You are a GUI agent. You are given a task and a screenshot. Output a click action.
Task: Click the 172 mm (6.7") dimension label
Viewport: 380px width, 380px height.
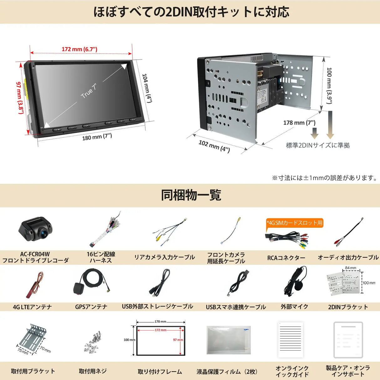click(x=79, y=49)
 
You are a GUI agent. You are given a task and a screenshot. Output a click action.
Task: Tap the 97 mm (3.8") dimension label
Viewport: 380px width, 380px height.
click(x=20, y=98)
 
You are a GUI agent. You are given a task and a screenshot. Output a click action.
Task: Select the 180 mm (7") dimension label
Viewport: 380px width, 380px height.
click(x=97, y=137)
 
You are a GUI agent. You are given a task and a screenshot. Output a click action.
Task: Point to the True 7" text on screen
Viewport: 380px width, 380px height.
click(x=89, y=91)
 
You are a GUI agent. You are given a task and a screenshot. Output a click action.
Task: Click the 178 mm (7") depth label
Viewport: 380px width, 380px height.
click(x=299, y=123)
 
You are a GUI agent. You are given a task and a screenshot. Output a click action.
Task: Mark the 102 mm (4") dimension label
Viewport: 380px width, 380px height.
click(x=214, y=146)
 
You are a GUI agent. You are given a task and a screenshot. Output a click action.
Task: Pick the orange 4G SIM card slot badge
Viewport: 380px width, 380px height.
click(x=294, y=223)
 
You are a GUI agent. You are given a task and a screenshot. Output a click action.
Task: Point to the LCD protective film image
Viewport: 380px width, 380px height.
click(x=229, y=340)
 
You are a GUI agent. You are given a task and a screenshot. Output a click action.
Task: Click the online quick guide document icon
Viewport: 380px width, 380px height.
click(x=290, y=339)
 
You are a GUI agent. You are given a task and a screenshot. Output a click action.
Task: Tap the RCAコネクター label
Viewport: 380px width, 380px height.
click(x=286, y=258)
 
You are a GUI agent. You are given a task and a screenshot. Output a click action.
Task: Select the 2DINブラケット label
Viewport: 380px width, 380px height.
click(x=348, y=307)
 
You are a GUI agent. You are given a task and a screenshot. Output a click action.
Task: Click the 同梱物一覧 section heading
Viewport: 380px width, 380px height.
click(x=191, y=195)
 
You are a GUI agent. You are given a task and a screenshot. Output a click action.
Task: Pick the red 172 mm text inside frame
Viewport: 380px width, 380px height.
click(x=161, y=330)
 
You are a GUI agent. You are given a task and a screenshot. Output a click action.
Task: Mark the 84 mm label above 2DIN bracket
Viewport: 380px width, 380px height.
click(x=351, y=268)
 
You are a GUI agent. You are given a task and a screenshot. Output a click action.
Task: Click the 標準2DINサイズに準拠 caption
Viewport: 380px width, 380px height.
click(x=318, y=145)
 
